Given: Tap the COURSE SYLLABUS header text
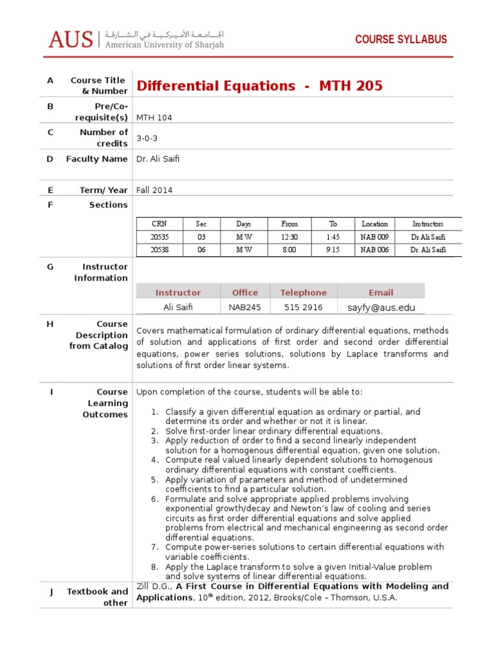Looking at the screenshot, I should pyautogui.click(x=401, y=40).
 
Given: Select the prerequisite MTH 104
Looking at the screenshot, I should pyautogui.click(x=154, y=118).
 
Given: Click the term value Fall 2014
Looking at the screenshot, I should pyautogui.click(x=154, y=190).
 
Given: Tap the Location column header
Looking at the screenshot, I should pyautogui.click(x=374, y=224).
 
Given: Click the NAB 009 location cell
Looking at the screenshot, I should pyautogui.click(x=374, y=237).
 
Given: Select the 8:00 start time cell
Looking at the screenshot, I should pyautogui.click(x=289, y=250).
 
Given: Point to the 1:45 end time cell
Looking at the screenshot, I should pyautogui.click(x=333, y=237).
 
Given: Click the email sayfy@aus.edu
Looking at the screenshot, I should pyautogui.click(x=381, y=308).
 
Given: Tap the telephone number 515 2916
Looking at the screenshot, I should pyautogui.click(x=303, y=308).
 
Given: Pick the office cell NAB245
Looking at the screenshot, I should pyautogui.click(x=245, y=308).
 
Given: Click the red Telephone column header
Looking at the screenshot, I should pyautogui.click(x=303, y=292).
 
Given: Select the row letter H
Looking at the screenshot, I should pyautogui.click(x=50, y=324).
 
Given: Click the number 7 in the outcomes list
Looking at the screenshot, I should pyautogui.click(x=154, y=547).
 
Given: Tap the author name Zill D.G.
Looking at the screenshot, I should pyautogui.click(x=154, y=586).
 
